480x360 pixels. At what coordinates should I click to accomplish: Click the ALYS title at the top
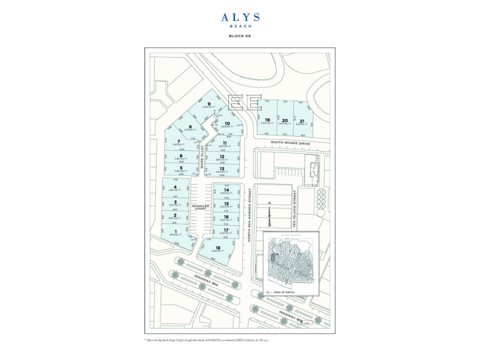coord(240,18)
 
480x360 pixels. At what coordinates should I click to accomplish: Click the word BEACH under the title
coord(240,26)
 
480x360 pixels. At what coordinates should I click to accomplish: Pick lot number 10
coord(227,123)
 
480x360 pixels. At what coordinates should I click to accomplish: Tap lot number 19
coord(267,120)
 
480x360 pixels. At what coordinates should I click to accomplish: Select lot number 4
coord(175,187)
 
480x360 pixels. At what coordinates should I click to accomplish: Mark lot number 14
coord(227,190)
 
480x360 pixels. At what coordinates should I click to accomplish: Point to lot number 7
coord(179,141)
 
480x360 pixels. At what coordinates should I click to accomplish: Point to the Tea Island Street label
coord(295,208)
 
